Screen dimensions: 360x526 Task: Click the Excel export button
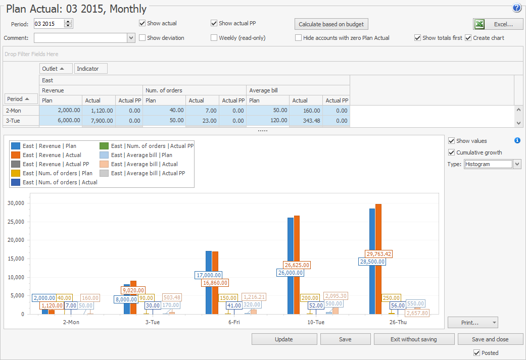(498, 24)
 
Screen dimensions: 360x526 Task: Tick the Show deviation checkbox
(142, 38)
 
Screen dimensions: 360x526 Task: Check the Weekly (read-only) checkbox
(214, 38)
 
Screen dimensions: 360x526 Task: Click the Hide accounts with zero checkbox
(299, 38)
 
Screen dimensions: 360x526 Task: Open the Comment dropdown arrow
(131, 38)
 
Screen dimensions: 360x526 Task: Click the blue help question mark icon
(516, 8)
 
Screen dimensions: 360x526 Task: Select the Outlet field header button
(56, 68)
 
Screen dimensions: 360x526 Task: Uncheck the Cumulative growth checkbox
(452, 152)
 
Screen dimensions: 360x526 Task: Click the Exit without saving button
(413, 339)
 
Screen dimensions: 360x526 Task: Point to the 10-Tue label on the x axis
(316, 322)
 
